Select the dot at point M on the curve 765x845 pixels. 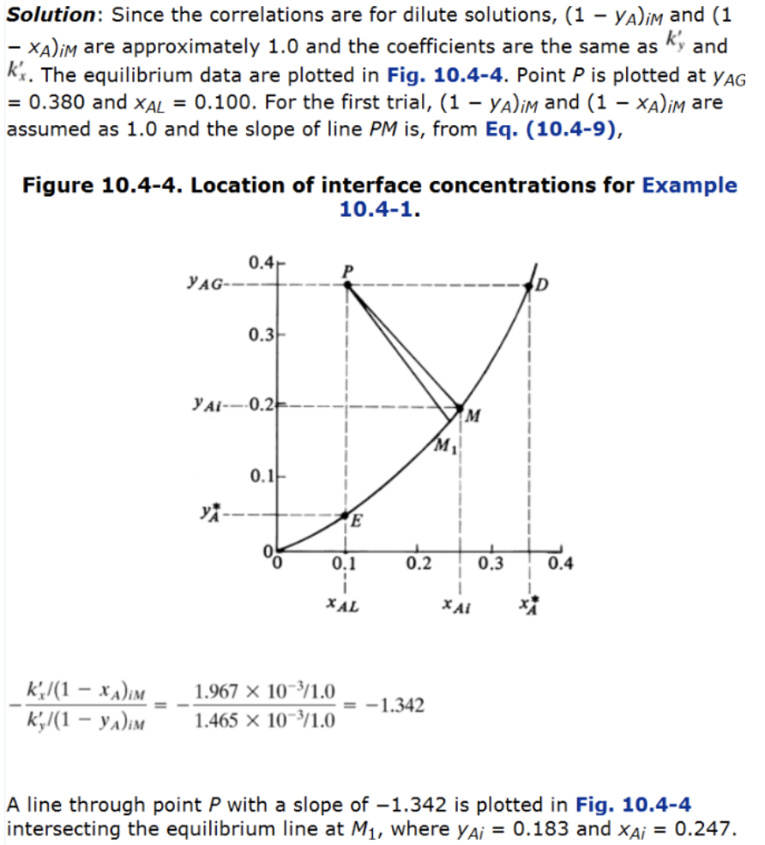pyautogui.click(x=461, y=408)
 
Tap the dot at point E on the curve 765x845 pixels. pyautogui.click(x=346, y=516)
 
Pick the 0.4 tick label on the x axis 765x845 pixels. pyautogui.click(x=558, y=564)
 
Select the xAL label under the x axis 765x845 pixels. pyautogui.click(x=344, y=605)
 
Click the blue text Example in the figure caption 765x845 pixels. pyautogui.click(x=689, y=185)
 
